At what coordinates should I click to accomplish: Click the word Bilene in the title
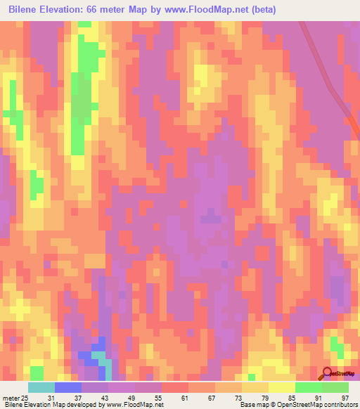pos(27,10)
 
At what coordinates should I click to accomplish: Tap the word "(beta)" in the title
pos(260,10)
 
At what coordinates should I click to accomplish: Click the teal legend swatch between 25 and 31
pos(41,387)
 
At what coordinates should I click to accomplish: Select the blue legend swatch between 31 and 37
pos(68,387)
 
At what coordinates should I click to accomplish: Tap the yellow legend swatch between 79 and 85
pos(282,387)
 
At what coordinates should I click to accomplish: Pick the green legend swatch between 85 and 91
pos(309,387)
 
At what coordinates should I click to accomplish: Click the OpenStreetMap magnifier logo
pos(327,373)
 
